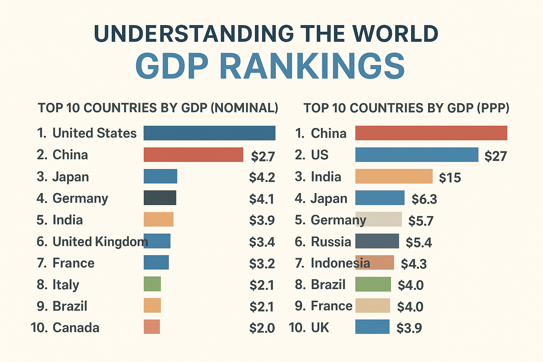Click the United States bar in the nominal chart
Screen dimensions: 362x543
pyautogui.click(x=209, y=133)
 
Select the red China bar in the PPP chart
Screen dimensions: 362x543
pyautogui.click(x=431, y=133)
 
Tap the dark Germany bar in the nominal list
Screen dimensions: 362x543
pyautogui.click(x=160, y=198)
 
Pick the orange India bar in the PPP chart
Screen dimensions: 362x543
pyautogui.click(x=394, y=176)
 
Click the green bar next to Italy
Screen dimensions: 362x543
pyautogui.click(x=152, y=284)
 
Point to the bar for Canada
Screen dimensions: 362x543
pyautogui.click(x=152, y=327)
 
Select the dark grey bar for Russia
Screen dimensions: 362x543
pyautogui.click(x=377, y=241)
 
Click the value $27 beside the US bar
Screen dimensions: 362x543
pyautogui.click(x=496, y=156)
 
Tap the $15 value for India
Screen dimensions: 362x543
pyautogui.click(x=450, y=177)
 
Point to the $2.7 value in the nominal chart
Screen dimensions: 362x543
pyautogui.click(x=263, y=156)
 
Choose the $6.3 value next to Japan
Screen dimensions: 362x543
pyautogui.click(x=424, y=199)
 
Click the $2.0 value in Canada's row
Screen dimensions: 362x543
pyautogui.click(x=262, y=328)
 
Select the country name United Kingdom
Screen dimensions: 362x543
pyautogui.click(x=100, y=242)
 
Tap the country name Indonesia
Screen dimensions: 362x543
pyautogui.click(x=340, y=263)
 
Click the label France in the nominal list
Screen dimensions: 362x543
pyautogui.click(x=74, y=263)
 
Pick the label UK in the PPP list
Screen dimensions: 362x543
pyautogui.click(x=320, y=328)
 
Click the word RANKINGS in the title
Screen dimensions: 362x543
pyautogui.click(x=312, y=66)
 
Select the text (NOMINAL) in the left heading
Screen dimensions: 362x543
pyautogui.click(x=244, y=108)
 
